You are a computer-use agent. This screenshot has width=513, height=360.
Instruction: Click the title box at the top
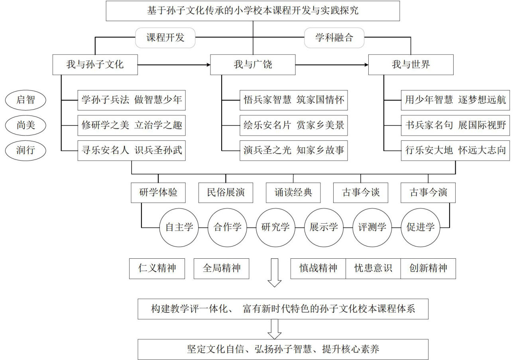point(253,11)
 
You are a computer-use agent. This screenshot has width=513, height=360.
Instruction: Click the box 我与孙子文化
point(95,64)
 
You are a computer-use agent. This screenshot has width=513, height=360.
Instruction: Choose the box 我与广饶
point(253,64)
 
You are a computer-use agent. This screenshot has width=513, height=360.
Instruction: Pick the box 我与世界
point(411,64)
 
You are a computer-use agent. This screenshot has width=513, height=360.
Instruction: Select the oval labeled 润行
point(26,151)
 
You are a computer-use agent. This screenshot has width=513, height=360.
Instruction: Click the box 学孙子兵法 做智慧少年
point(132,100)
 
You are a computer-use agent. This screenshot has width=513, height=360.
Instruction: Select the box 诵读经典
point(293,193)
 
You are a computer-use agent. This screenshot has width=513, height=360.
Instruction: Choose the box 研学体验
point(158,193)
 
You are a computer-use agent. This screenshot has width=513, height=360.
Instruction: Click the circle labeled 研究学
point(275,228)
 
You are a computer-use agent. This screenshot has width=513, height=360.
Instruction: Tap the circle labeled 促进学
point(420,228)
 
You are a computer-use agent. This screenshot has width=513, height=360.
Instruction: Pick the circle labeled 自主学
point(179,228)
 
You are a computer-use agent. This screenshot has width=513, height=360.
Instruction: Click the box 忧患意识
point(373,268)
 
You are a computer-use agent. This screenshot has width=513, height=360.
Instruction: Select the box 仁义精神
point(157,268)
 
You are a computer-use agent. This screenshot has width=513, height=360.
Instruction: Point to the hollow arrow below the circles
point(275,273)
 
